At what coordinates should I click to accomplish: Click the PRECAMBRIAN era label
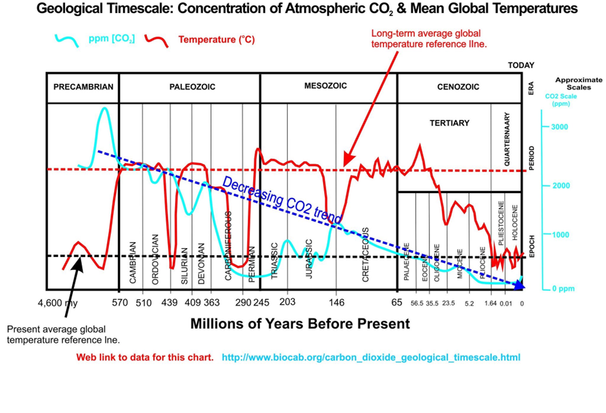pyautogui.click(x=83, y=87)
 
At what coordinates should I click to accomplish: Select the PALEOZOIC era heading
pyautogui.click(x=192, y=87)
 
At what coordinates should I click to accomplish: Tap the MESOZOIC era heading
pyautogui.click(x=326, y=86)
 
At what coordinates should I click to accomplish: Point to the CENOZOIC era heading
pyautogui.click(x=458, y=87)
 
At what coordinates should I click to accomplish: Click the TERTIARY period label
pyautogui.click(x=449, y=122)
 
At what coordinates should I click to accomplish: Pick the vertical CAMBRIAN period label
pyautogui.click(x=133, y=262)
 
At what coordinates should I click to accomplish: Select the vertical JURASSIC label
pyautogui.click(x=309, y=258)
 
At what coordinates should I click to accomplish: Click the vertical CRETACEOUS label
pyautogui.click(x=366, y=254)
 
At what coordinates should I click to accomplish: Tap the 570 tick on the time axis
pyautogui.click(x=120, y=303)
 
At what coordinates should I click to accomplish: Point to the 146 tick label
pyautogui.click(x=337, y=303)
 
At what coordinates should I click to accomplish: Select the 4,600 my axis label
pyautogui.click(x=56, y=303)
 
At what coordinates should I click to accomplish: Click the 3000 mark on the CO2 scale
pyautogui.click(x=560, y=126)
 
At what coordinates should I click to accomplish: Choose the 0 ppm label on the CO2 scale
pyautogui.click(x=563, y=288)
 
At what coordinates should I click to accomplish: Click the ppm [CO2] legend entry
pyautogui.click(x=112, y=39)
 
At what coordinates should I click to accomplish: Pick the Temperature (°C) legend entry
pyautogui.click(x=216, y=40)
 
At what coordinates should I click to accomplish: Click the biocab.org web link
pyautogui.click(x=371, y=357)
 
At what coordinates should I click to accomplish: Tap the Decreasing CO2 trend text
pyautogui.click(x=282, y=201)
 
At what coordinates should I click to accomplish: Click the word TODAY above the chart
pyautogui.click(x=521, y=66)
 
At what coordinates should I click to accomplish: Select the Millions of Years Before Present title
pyautogui.click(x=300, y=323)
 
